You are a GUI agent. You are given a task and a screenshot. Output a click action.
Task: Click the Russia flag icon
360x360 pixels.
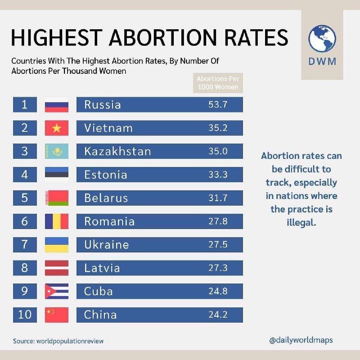pyautogui.click(x=57, y=105)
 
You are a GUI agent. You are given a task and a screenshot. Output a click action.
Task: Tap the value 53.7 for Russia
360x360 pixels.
pyautogui.click(x=218, y=105)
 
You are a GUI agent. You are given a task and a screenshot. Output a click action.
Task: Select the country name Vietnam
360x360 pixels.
pyautogui.click(x=108, y=128)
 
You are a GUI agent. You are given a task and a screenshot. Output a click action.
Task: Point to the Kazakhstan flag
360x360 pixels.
pyautogui.click(x=57, y=152)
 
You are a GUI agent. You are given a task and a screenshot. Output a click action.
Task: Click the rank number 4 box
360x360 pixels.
pyautogui.click(x=24, y=175)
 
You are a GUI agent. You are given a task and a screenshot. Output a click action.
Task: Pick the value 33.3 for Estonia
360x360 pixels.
pyautogui.click(x=218, y=175)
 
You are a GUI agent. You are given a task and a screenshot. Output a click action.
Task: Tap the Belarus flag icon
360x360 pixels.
pyautogui.click(x=57, y=198)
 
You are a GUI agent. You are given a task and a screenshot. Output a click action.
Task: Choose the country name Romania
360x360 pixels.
pyautogui.click(x=109, y=221)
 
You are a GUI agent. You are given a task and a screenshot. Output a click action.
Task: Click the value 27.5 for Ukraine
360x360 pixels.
pyautogui.click(x=218, y=244)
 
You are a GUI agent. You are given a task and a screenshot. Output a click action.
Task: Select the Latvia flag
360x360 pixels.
pyautogui.click(x=57, y=268)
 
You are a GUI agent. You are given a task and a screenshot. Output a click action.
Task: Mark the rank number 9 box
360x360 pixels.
pyautogui.click(x=24, y=291)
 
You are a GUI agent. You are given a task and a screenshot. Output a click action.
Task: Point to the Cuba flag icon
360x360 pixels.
pyautogui.click(x=57, y=291)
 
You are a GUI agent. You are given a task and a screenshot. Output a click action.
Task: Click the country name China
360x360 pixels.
pyautogui.click(x=100, y=315)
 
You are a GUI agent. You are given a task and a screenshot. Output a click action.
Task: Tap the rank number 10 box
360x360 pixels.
pyautogui.click(x=24, y=315)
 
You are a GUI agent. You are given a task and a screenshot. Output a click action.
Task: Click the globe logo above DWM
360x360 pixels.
pyautogui.click(x=322, y=38)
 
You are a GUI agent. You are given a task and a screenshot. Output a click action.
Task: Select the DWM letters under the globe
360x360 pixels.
pyautogui.click(x=322, y=61)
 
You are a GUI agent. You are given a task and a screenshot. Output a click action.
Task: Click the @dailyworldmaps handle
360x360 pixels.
pyautogui.click(x=301, y=340)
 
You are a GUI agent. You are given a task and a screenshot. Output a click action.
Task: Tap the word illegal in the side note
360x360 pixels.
pyautogui.click(x=301, y=222)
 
